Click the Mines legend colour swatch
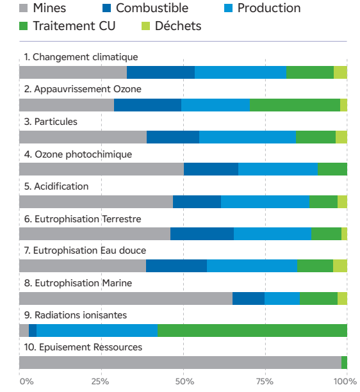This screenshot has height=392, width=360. (x=23, y=8)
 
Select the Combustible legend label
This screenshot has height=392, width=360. (x=152, y=8)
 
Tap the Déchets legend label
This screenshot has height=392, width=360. (x=178, y=26)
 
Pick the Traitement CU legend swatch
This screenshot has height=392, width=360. (x=23, y=26)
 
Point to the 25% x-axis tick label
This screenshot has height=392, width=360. (x=101, y=382)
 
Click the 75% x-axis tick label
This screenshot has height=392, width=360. (x=265, y=382)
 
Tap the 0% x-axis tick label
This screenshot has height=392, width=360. (x=27, y=382)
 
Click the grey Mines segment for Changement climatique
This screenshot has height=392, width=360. (x=73, y=72)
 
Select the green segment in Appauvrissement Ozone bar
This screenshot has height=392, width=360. (x=295, y=105)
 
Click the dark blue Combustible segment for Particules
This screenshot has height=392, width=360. (x=173, y=137)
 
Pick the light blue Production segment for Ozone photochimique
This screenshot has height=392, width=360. (x=278, y=169)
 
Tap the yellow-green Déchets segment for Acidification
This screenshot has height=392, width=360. (x=342, y=202)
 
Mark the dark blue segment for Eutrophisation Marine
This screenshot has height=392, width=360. (x=249, y=298)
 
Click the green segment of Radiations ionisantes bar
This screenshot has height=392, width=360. (x=252, y=331)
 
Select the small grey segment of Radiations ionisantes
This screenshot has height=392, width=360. (x=24, y=331)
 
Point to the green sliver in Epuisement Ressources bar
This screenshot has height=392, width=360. (x=344, y=363)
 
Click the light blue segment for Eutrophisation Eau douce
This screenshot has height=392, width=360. (x=252, y=266)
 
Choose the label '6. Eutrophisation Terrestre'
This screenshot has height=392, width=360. (x=83, y=219)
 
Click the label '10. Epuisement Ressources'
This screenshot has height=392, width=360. (x=83, y=347)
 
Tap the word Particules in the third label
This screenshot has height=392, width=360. (x=56, y=122)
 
